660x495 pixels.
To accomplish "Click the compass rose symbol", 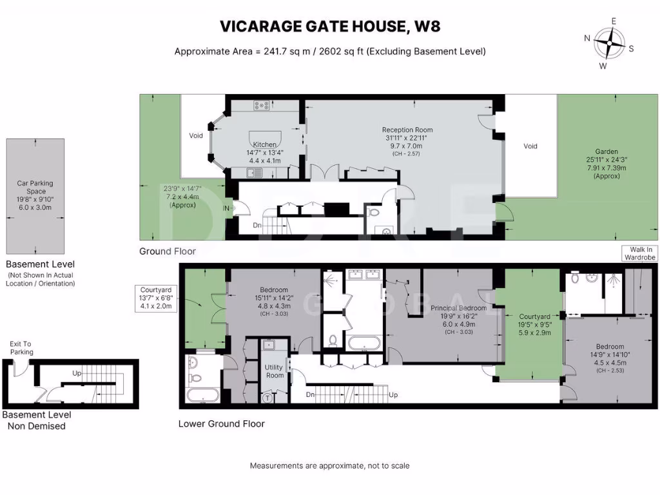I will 608,43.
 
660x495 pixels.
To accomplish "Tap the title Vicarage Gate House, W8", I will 330,26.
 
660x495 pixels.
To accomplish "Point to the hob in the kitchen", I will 262,106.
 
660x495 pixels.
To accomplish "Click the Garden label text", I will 607,98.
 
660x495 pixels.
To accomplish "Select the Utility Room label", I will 274,371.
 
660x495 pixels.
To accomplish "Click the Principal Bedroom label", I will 458,309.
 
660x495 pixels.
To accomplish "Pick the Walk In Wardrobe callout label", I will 639,253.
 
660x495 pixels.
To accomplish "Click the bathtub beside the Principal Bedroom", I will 365,342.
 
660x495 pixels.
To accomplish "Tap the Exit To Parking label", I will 21,348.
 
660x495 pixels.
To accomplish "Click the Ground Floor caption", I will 168,251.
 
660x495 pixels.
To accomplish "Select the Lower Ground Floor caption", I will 221,424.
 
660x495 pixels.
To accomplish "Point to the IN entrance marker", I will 226,209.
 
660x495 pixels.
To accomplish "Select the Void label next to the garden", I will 530,146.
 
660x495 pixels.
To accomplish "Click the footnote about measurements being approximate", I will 329,465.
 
